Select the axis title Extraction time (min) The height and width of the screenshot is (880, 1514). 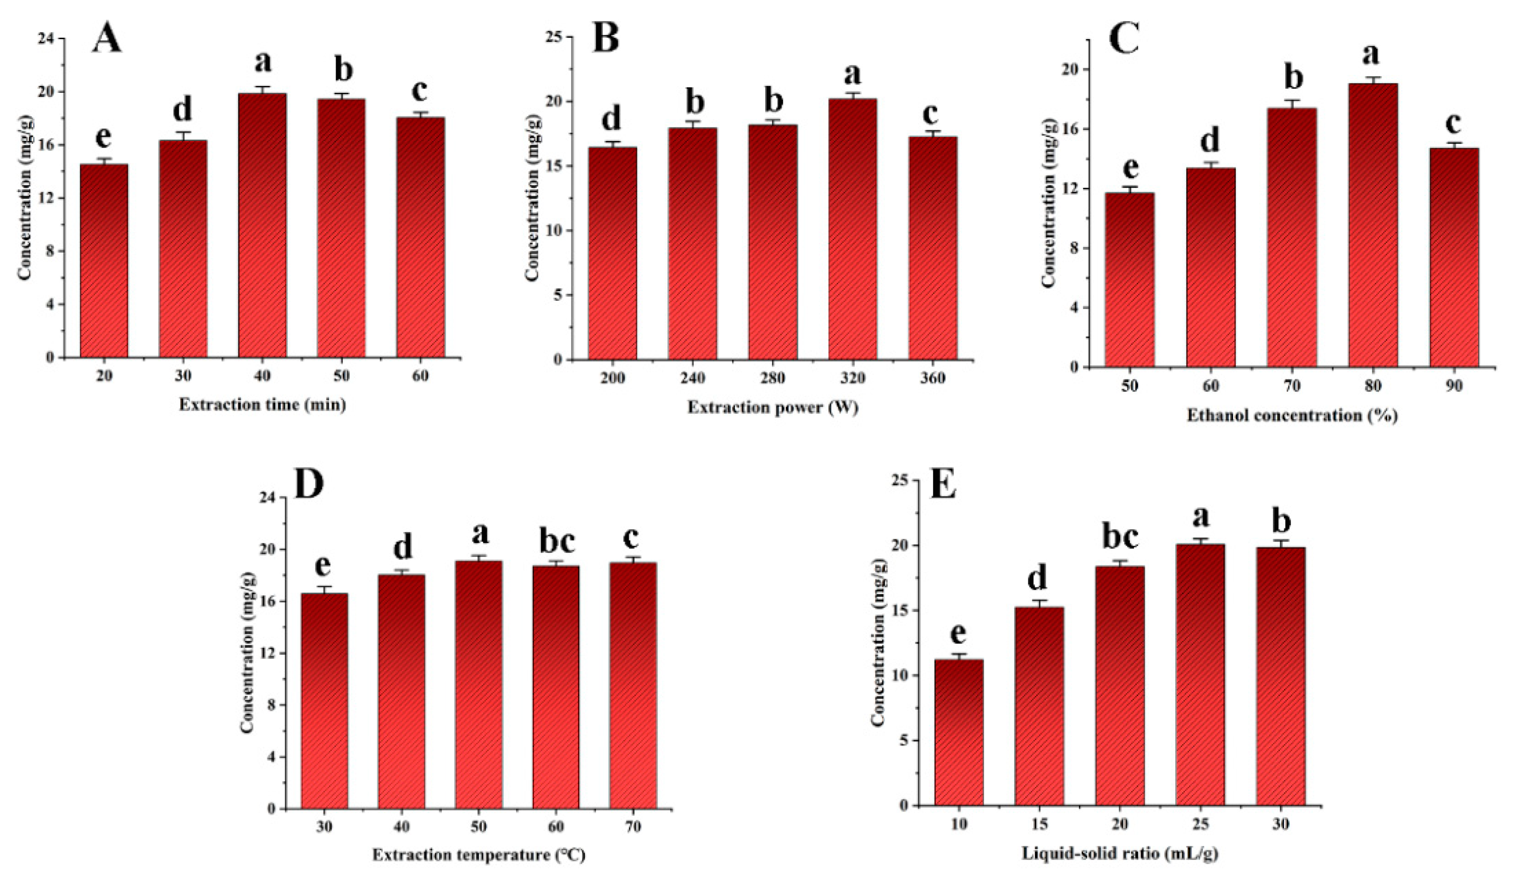click(262, 405)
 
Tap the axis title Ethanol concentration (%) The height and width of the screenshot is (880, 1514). click(1291, 415)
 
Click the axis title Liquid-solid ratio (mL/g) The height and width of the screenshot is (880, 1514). click(1120, 854)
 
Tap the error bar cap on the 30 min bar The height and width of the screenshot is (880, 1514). click(183, 132)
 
